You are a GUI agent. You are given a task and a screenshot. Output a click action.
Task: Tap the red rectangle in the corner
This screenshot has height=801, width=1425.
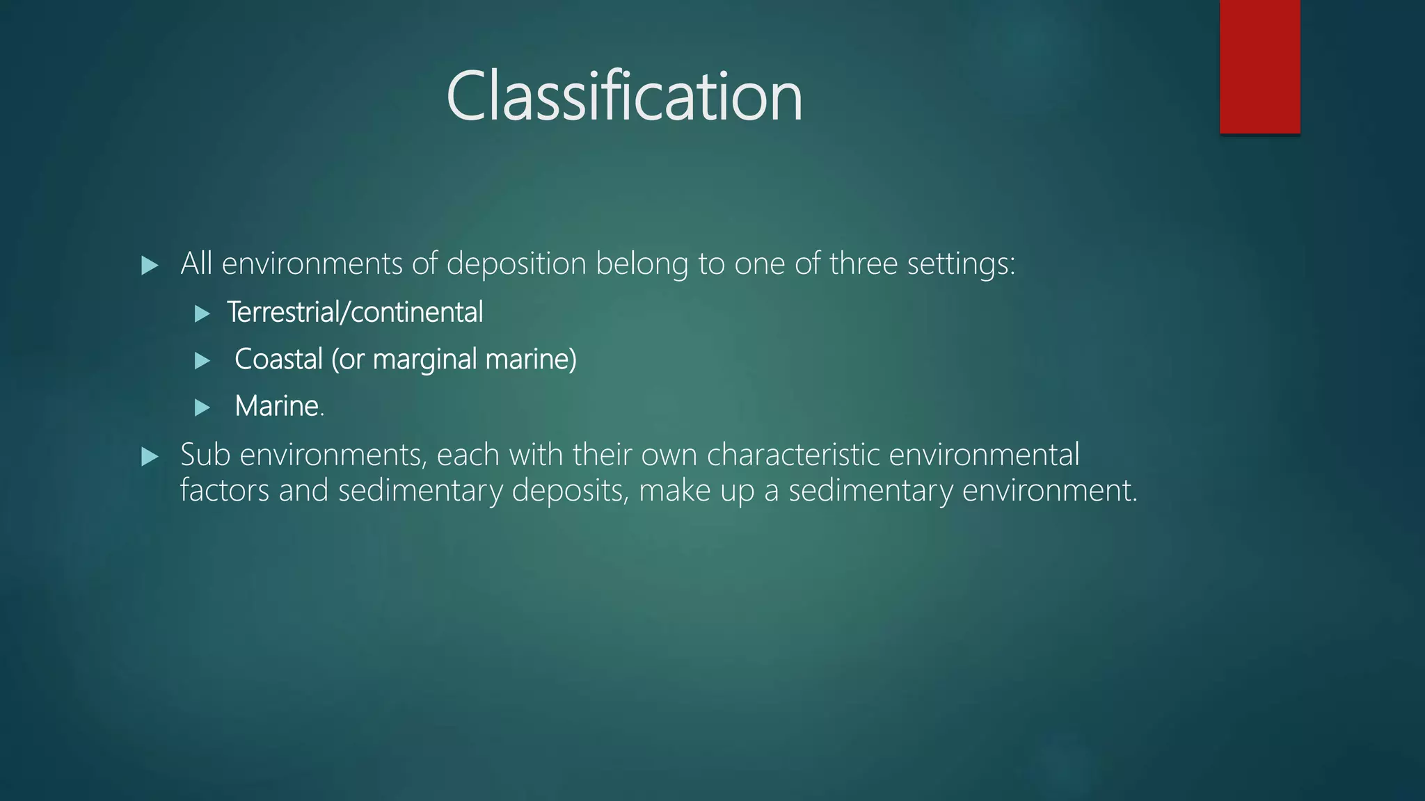(1259, 66)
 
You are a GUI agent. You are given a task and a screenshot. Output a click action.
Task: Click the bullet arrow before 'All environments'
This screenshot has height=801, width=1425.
(150, 265)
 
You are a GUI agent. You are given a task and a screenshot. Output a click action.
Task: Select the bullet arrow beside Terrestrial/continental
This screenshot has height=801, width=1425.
(202, 314)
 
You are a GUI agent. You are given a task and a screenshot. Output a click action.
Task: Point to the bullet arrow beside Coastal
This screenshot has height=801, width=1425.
(202, 360)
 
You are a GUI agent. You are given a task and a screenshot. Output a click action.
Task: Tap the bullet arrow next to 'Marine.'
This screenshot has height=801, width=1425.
(202, 407)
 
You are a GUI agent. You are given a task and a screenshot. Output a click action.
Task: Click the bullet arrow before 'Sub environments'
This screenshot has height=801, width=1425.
(150, 456)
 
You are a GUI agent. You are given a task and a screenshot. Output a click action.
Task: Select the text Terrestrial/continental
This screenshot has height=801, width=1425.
(355, 312)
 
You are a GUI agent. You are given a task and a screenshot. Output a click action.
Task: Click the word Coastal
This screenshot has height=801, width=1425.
(278, 359)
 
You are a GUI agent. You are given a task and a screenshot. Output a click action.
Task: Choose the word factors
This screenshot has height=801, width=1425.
(224, 490)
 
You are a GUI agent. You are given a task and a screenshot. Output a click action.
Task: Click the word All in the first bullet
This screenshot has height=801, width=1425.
(196, 264)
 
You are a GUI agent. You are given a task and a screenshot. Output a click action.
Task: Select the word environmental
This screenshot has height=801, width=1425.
(984, 455)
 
